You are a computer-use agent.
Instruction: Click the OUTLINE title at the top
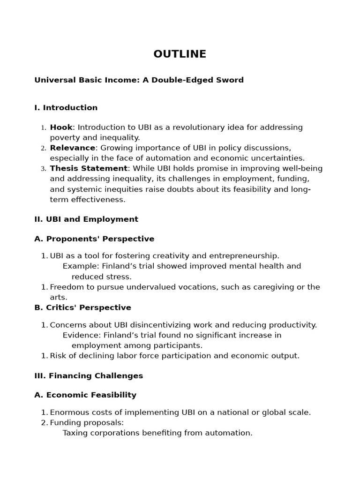point(180,54)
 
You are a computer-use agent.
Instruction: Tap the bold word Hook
point(61,127)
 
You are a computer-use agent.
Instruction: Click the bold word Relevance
point(72,148)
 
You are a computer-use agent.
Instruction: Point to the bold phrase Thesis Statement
point(89,169)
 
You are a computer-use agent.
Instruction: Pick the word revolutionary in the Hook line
point(190,127)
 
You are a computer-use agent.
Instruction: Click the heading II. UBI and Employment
point(86,219)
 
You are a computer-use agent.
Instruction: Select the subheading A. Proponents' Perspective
point(94,239)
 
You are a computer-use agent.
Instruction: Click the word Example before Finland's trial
point(78,266)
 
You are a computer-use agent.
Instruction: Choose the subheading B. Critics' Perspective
point(82,308)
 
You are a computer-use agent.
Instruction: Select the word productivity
point(292,325)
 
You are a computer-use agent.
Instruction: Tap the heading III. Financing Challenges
point(89,376)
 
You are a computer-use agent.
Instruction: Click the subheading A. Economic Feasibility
point(85,395)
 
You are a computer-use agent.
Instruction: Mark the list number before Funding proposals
point(44,423)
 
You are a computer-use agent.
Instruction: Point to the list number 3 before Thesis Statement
point(43,169)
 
